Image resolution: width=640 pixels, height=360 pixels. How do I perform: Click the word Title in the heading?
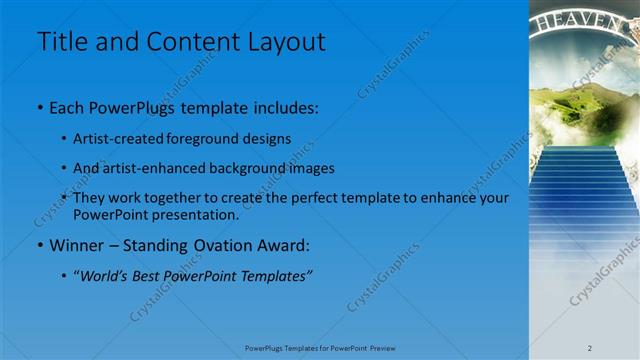(x=62, y=42)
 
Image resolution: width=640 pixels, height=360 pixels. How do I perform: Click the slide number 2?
(x=589, y=347)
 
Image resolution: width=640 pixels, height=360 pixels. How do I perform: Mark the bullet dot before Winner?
(x=40, y=245)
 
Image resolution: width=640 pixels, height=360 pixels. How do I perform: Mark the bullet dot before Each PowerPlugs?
(x=40, y=106)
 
